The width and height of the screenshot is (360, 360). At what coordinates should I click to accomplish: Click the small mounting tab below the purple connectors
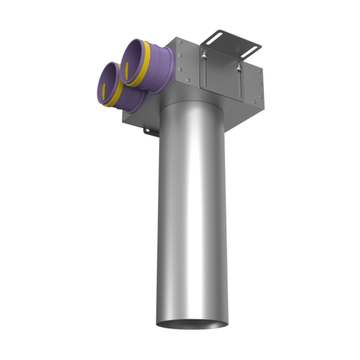[x=147, y=131]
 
